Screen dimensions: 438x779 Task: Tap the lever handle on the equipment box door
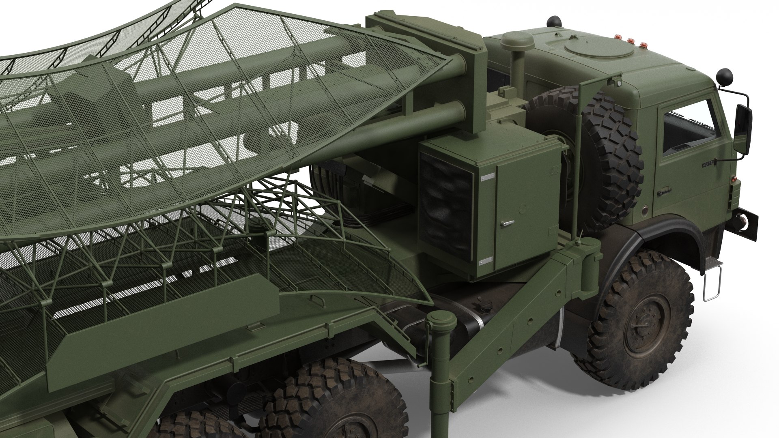(x=507, y=223)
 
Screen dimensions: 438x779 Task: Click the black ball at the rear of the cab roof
(x=552, y=20)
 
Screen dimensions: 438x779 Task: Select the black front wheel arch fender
(x=665, y=235)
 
